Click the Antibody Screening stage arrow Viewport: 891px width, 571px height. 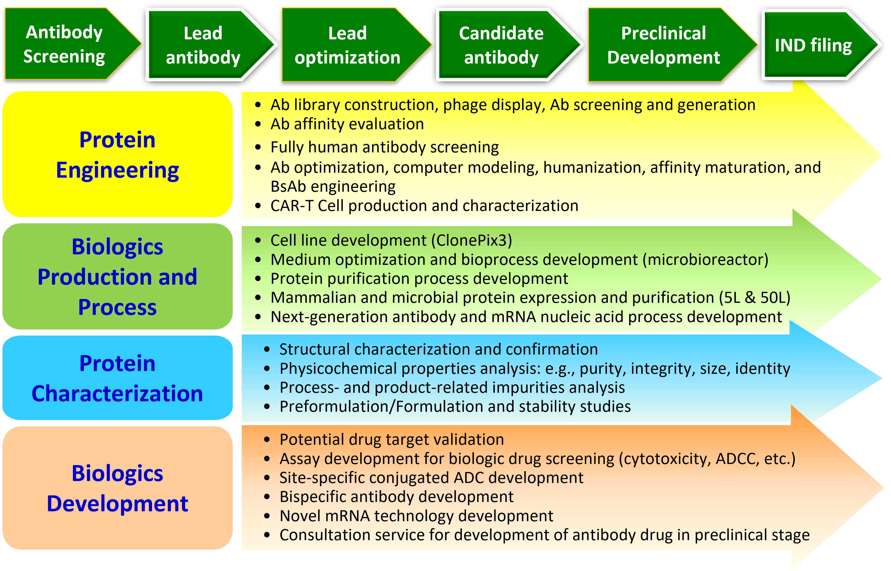point(65,44)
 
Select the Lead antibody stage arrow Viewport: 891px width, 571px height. point(203,45)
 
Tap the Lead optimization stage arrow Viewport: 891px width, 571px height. point(347,45)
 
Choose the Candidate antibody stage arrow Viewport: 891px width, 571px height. point(501,45)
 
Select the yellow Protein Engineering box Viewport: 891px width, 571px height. point(117,154)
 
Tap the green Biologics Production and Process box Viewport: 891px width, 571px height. point(117,277)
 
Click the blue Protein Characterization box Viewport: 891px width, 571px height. point(117,378)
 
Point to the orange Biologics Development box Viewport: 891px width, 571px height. point(117,488)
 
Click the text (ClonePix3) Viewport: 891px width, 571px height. point(472,240)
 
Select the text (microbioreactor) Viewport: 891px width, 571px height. point(705,260)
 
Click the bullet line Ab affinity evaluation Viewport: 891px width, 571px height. point(347,124)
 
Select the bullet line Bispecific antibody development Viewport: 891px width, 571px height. point(396,497)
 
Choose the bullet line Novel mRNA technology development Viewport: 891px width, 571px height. point(416,516)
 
